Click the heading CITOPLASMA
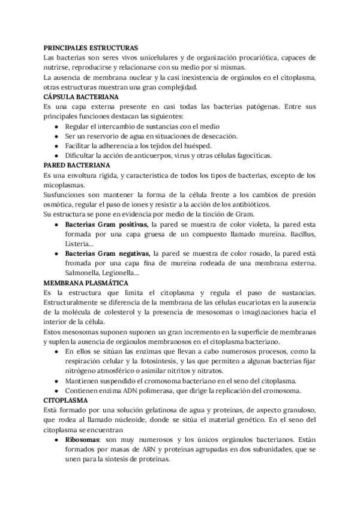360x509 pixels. click(x=66, y=399)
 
